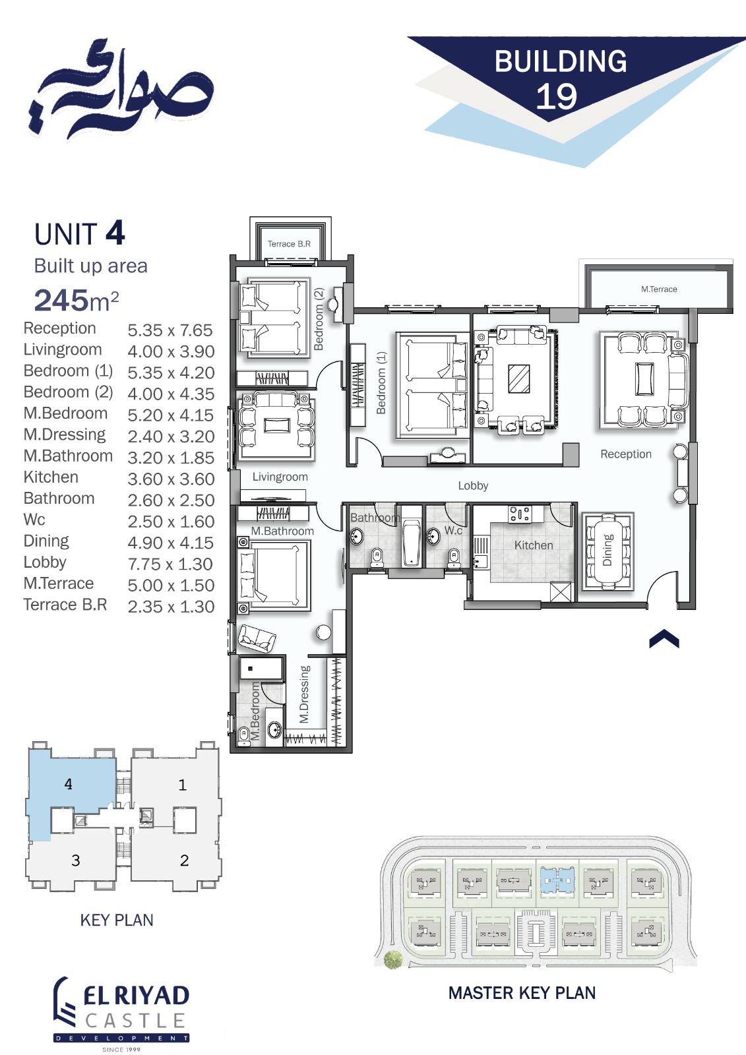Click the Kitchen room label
click(x=534, y=545)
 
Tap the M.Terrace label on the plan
click(x=659, y=289)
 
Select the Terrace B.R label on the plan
click(x=289, y=244)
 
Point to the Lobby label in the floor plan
click(x=473, y=485)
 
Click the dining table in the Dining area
click(x=608, y=551)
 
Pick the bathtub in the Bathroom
click(x=411, y=542)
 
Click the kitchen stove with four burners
click(x=519, y=514)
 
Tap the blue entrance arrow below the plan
click(x=664, y=639)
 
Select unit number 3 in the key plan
click(x=75, y=860)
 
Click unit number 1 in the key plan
click(x=182, y=785)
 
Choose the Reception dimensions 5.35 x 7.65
click(x=170, y=330)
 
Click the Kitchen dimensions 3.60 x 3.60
click(x=171, y=479)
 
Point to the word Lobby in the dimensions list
click(x=45, y=562)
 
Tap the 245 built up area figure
click(x=61, y=300)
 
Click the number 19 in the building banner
click(x=557, y=96)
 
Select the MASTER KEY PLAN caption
click(x=522, y=993)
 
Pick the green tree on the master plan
click(x=392, y=959)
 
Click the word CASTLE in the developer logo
click(x=135, y=1021)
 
